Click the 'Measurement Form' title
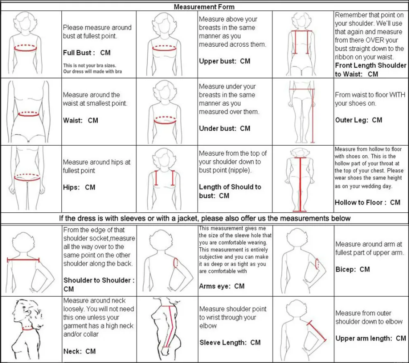tap(204, 7)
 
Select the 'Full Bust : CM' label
tap(87, 53)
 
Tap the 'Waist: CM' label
tap(80, 120)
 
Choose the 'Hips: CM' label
tap(79, 187)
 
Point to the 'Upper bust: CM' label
tap(224, 61)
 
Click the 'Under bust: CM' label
tap(224, 128)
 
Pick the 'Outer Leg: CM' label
tap(359, 120)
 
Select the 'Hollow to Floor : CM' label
tap(367, 202)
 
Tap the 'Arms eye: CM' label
tap(222, 286)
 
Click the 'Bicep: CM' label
tap(352, 269)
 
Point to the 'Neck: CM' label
tap(80, 351)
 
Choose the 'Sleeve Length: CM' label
tap(230, 343)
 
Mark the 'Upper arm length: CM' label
tap(370, 338)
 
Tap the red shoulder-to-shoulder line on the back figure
tap(23, 260)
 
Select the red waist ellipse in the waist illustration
tap(30, 114)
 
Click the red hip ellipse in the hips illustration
tap(30, 177)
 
